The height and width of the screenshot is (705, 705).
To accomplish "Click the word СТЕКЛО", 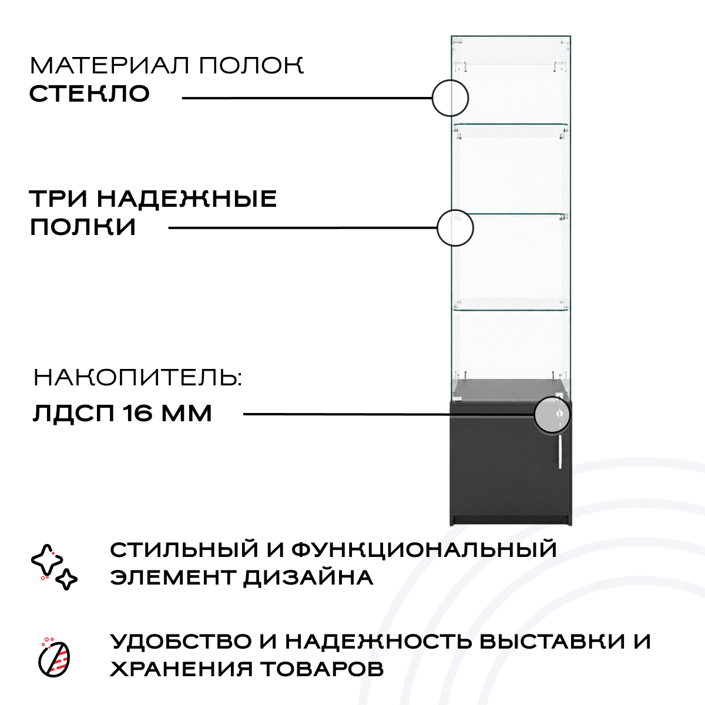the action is (x=90, y=93).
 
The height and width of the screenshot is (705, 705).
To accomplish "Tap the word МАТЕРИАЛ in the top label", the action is (x=110, y=65).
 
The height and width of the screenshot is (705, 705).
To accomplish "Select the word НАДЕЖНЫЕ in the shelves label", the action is (x=187, y=199).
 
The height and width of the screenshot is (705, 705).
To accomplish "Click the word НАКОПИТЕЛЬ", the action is (x=137, y=378).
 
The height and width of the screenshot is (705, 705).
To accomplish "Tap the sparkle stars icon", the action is (x=54, y=567).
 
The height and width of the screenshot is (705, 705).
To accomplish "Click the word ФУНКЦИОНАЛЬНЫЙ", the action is (x=424, y=550).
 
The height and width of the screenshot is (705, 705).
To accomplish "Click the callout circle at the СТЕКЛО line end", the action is (x=451, y=98).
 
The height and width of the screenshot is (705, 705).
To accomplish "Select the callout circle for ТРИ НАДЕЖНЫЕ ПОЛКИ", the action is (x=455, y=228).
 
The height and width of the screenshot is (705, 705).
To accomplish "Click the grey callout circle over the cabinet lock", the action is (x=552, y=415).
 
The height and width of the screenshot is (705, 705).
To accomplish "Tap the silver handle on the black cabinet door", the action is (x=560, y=452).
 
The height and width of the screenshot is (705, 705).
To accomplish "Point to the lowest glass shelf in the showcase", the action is (x=511, y=305).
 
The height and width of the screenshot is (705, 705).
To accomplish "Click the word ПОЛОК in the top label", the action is (x=251, y=65).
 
